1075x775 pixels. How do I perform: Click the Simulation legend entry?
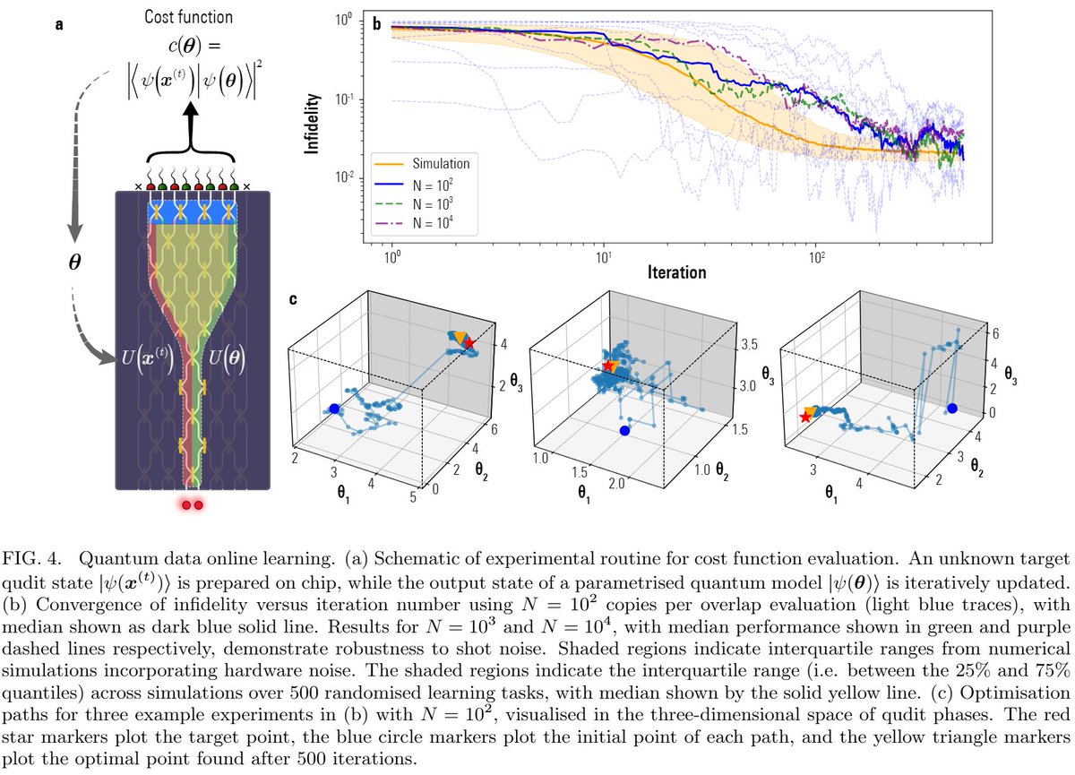[x=439, y=163]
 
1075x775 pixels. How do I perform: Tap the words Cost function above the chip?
[x=193, y=16]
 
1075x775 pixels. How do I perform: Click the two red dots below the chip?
[x=193, y=505]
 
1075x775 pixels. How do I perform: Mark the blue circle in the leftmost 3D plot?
[x=334, y=409]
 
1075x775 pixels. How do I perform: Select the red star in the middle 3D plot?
[x=609, y=366]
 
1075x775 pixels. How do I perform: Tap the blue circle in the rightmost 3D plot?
[x=952, y=409]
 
